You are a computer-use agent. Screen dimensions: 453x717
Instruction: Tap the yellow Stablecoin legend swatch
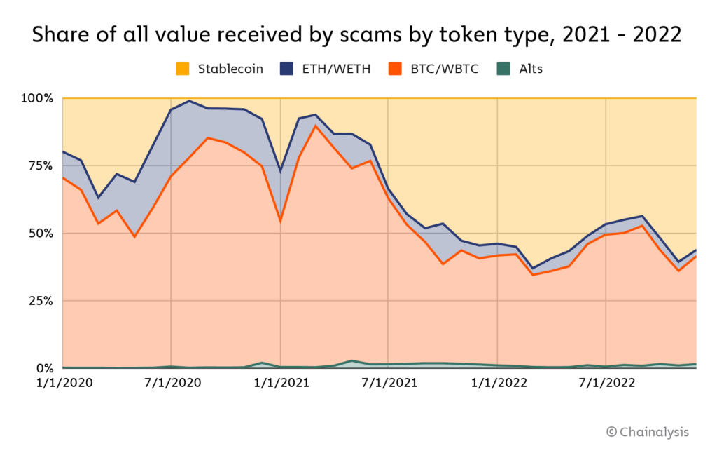[182, 69]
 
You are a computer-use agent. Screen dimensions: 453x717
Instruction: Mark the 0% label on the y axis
[45, 368]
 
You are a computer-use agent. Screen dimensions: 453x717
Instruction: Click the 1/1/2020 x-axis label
[62, 384]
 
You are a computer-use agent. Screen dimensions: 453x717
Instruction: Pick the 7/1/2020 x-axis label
[171, 384]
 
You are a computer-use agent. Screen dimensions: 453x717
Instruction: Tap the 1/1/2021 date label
[280, 384]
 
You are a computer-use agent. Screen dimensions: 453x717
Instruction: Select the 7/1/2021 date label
[389, 384]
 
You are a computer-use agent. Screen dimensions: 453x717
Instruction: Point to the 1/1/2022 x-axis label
[497, 384]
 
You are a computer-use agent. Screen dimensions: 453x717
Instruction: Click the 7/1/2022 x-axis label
[606, 384]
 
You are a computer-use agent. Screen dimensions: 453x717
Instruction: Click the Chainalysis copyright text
[648, 432]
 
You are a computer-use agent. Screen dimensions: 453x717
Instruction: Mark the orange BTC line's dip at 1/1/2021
[280, 222]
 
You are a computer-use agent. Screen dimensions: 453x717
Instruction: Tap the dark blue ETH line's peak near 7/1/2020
[189, 101]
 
